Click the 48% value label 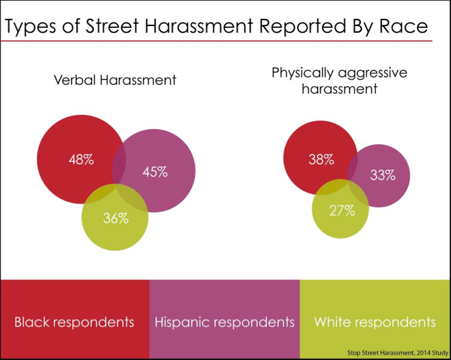pyautogui.click(x=81, y=159)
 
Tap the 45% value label pyautogui.click(x=155, y=172)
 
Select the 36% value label pyautogui.click(x=116, y=219)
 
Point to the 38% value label pyautogui.click(x=321, y=159)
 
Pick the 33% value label pyautogui.click(x=383, y=175)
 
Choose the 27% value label pyautogui.click(x=342, y=211)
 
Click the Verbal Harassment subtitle pyautogui.click(x=115, y=79)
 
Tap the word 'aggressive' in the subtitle pyautogui.click(x=373, y=73)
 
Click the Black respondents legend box pyautogui.click(x=75, y=319)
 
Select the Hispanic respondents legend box pyautogui.click(x=225, y=319)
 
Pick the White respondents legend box pyautogui.click(x=375, y=319)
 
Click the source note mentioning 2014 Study pyautogui.click(x=398, y=353)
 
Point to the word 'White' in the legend pyautogui.click(x=333, y=322)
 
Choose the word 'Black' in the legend pyautogui.click(x=32, y=322)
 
